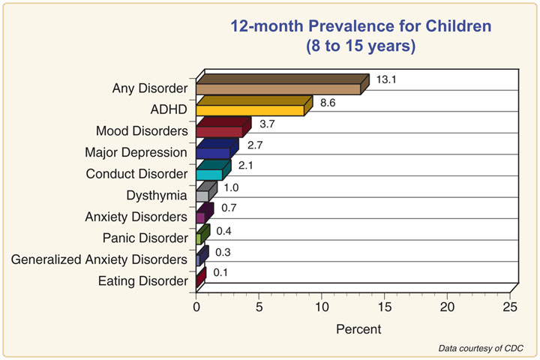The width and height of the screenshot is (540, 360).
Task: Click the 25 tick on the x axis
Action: point(510,307)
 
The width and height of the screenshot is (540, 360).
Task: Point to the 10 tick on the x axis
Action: point(322,307)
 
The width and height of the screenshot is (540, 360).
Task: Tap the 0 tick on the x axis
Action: point(196,307)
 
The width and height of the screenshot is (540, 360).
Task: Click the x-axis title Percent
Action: point(358,328)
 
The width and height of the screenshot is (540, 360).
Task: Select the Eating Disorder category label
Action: point(143,281)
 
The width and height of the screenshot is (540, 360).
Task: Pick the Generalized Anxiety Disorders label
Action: point(99,259)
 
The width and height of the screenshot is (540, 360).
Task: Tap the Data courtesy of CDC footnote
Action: point(481,349)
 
